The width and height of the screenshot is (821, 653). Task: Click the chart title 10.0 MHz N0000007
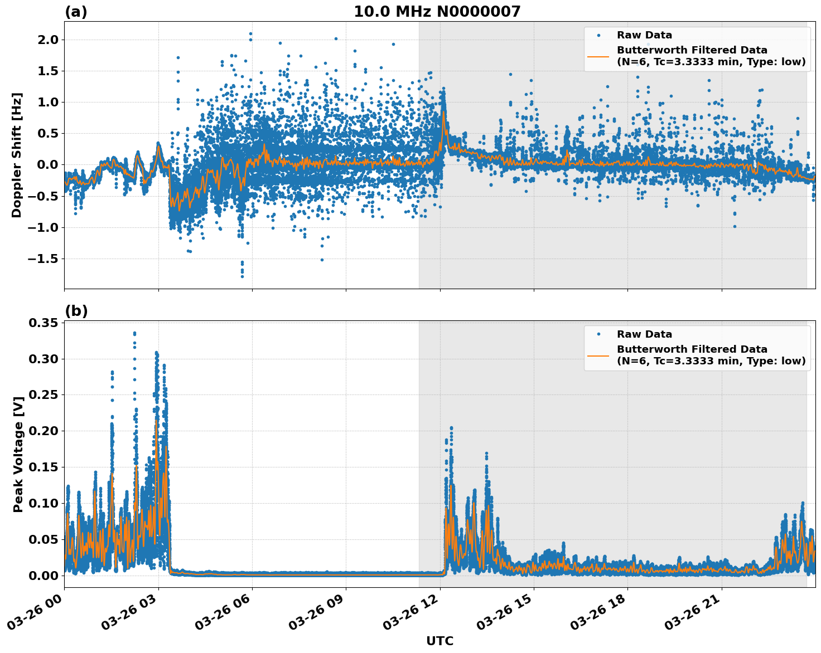tap(437, 12)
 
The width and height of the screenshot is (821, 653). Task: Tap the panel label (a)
tap(76, 12)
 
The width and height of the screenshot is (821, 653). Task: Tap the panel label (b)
tap(76, 311)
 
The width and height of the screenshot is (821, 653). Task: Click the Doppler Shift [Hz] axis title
tap(17, 155)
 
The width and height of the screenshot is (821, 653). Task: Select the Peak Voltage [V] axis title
tap(18, 454)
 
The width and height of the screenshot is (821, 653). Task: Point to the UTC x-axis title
tap(440, 641)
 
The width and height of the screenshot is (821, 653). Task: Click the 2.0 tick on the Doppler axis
tap(47, 40)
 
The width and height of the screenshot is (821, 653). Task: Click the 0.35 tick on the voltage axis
tap(44, 323)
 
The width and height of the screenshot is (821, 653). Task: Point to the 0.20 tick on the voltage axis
tap(44, 431)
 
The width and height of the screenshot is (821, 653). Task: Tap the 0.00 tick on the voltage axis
tap(44, 576)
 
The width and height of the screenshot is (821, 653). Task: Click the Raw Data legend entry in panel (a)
tap(644, 36)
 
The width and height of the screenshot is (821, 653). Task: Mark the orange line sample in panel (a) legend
tap(598, 56)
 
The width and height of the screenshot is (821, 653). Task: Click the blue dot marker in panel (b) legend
tap(598, 334)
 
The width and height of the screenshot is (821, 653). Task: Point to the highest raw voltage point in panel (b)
tap(134, 333)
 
